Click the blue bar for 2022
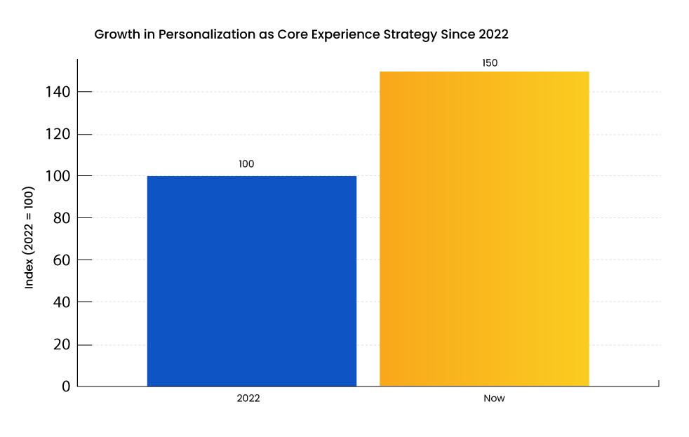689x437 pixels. [x=251, y=281]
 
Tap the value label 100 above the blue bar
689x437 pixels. [x=246, y=164]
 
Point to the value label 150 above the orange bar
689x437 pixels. [x=490, y=63]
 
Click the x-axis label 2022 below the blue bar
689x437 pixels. [x=248, y=398]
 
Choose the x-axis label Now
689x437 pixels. [x=494, y=398]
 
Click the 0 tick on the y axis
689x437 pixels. [x=65, y=386]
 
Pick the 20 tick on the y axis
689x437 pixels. [x=62, y=344]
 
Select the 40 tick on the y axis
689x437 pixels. [x=62, y=302]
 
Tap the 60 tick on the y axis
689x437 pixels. [x=62, y=260]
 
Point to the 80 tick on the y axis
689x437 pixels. [x=62, y=218]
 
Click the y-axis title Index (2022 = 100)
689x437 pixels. [x=29, y=238]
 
